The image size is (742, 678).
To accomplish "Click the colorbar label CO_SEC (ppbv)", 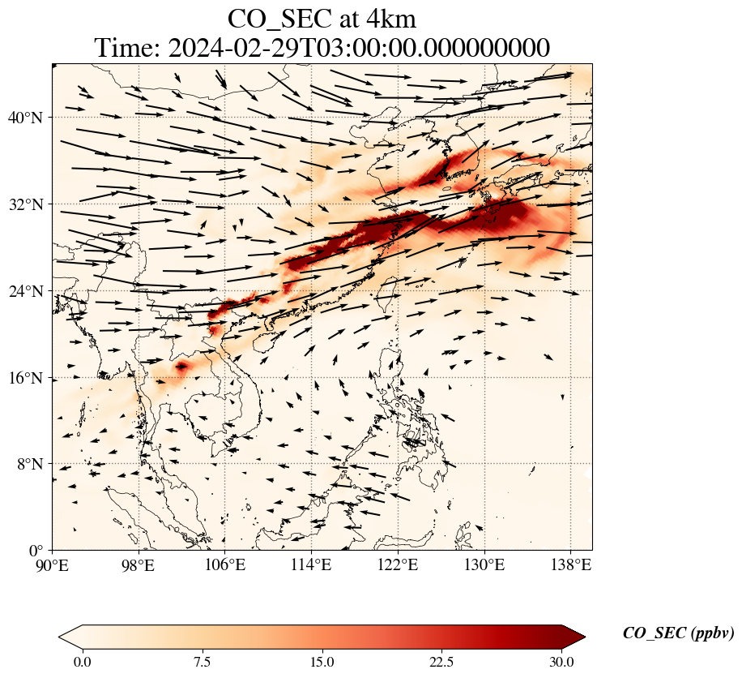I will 678,633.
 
